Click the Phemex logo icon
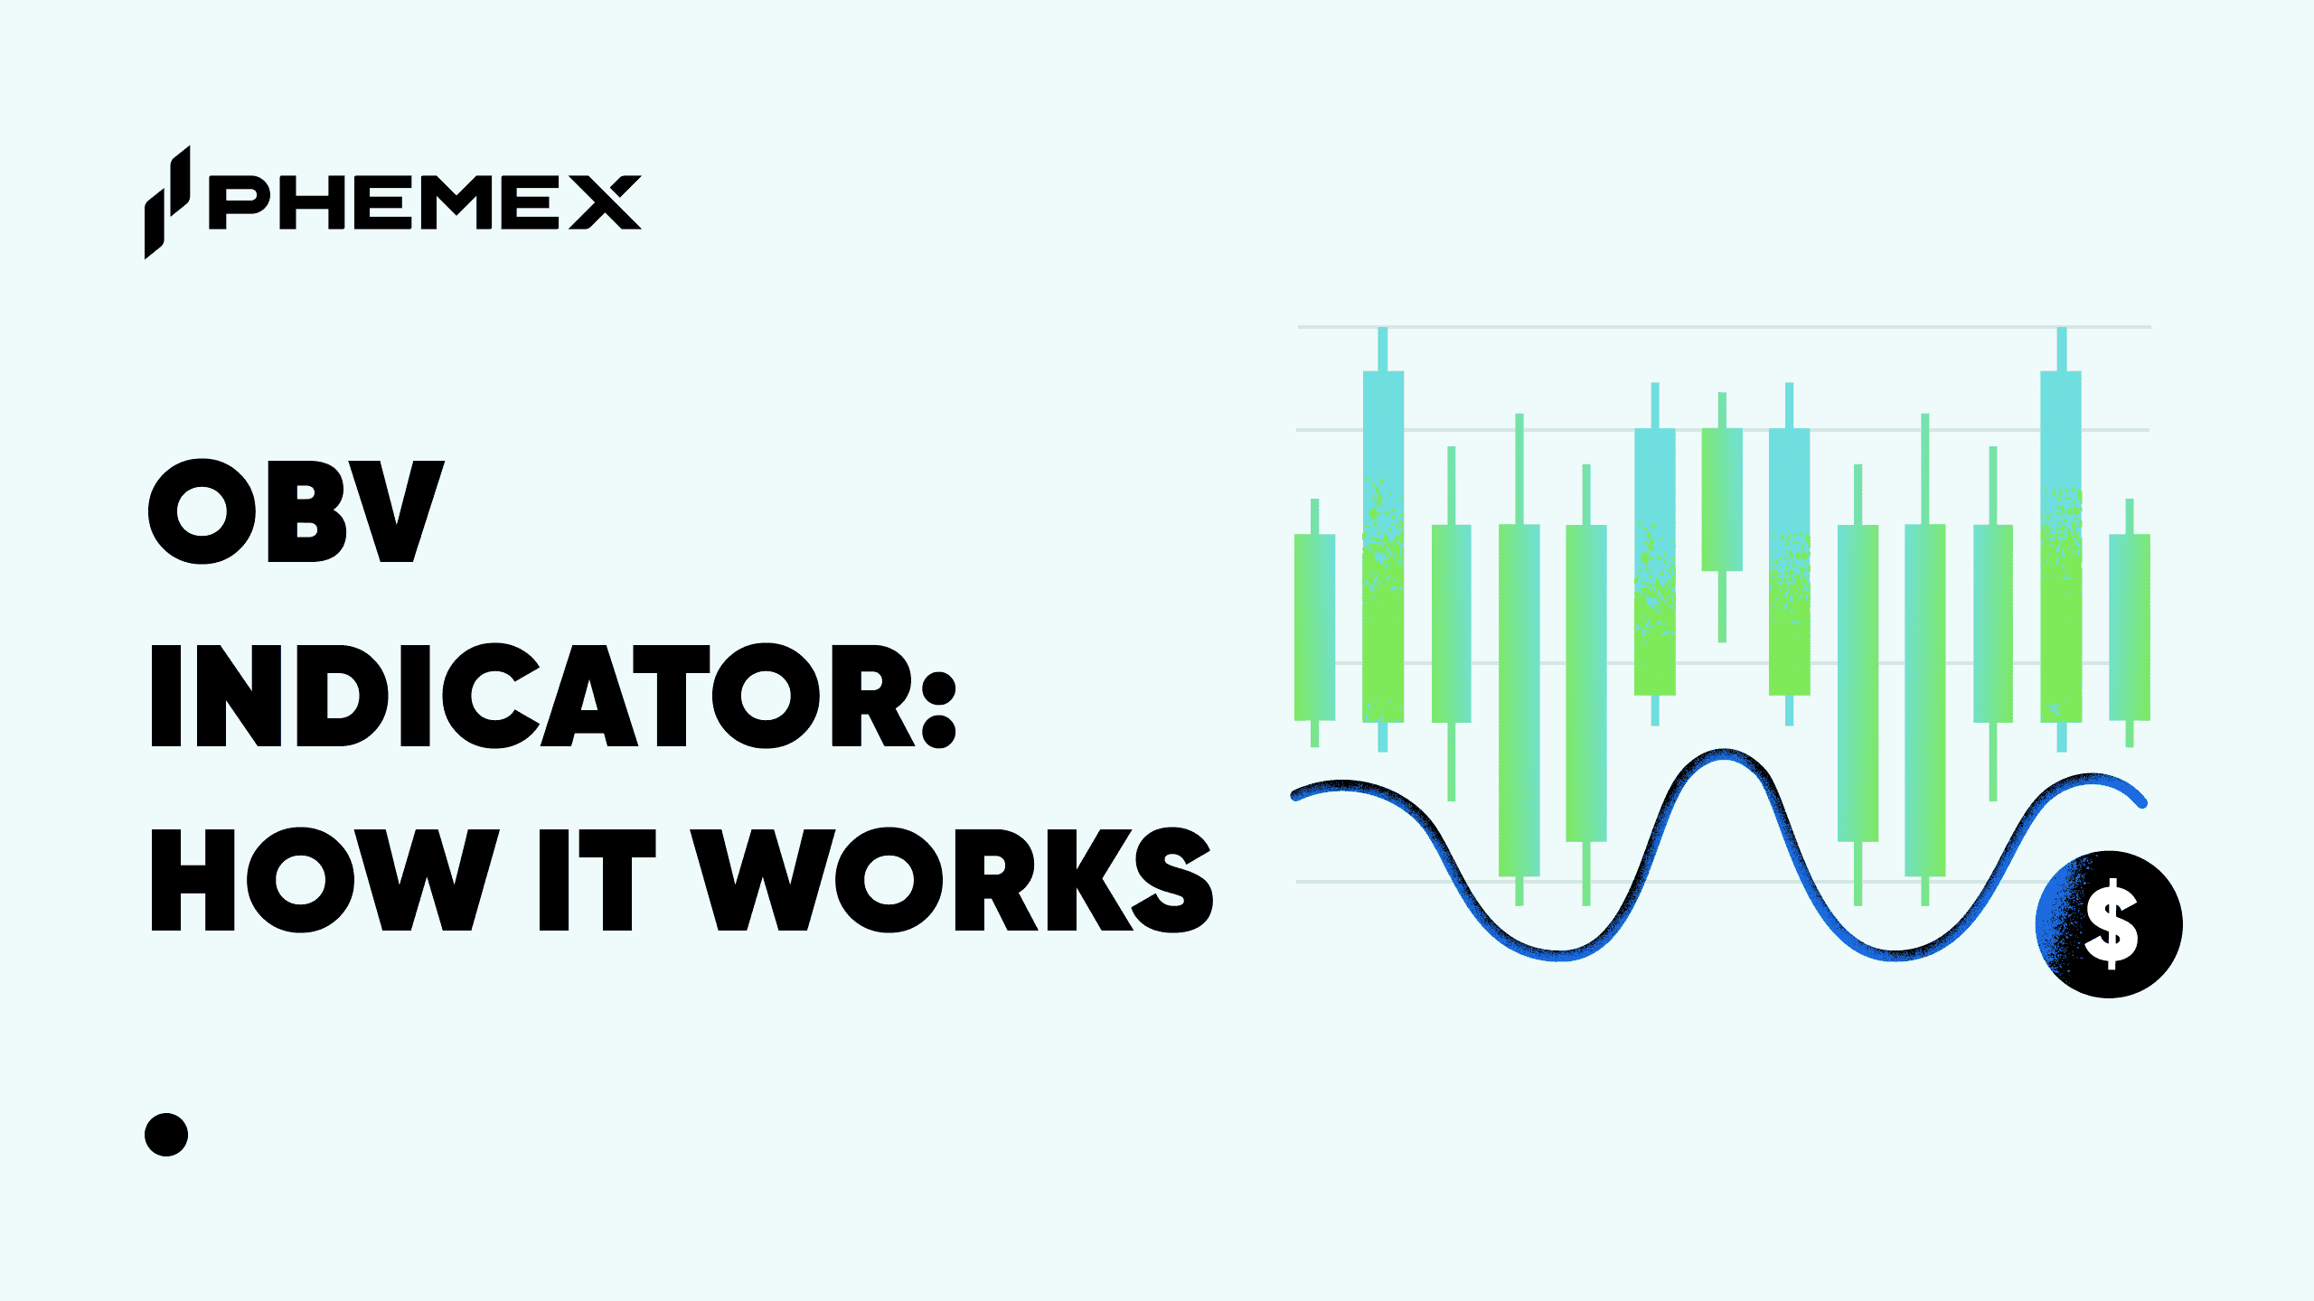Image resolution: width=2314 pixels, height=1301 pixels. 167,202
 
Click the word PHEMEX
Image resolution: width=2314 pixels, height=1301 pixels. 425,202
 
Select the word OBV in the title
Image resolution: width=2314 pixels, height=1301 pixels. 296,511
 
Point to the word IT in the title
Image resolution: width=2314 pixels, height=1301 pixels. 597,880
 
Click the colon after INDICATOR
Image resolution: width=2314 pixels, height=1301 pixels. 940,710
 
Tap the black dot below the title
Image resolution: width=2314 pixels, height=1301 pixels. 166,1135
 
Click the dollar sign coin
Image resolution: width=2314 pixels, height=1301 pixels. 2110,924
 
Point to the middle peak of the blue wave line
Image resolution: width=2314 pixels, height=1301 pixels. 1725,754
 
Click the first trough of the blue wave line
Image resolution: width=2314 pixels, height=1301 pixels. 1559,954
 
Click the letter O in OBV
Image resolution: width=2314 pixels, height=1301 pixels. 202,511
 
